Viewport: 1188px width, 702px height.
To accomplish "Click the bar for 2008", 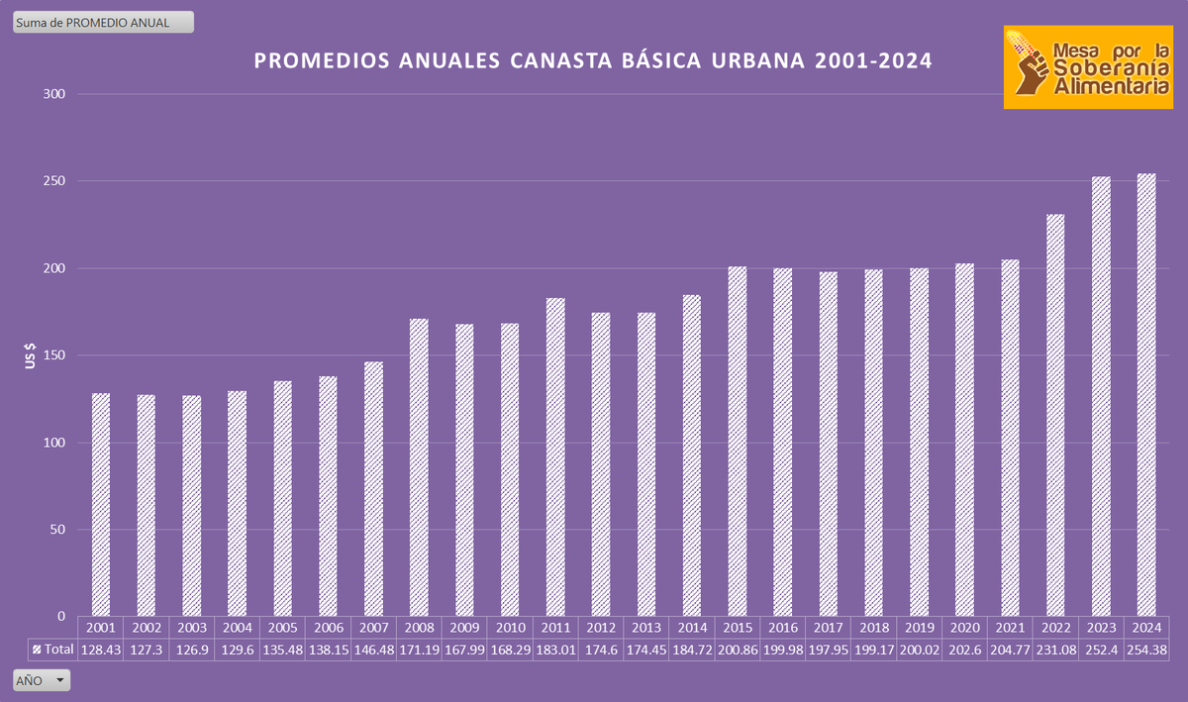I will [419, 466].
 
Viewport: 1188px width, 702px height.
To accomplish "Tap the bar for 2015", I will [738, 441].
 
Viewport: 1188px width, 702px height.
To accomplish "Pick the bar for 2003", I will [191, 505].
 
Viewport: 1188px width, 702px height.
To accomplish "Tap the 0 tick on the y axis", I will [60, 616].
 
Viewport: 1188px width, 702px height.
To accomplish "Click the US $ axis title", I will [31, 355].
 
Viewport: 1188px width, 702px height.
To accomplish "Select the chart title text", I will [593, 61].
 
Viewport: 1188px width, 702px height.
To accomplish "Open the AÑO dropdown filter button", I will [42, 680].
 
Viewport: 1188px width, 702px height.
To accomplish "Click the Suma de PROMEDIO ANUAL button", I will [103, 22].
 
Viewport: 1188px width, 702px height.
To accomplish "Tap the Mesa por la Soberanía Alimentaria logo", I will [1088, 67].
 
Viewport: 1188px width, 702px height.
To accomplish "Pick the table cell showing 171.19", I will [419, 650].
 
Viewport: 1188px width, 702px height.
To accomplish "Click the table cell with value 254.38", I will [1146, 650].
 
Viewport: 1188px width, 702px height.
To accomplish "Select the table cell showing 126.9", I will [191, 650].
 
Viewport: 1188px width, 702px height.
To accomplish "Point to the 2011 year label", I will [555, 628].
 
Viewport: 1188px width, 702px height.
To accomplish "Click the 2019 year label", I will [919, 628].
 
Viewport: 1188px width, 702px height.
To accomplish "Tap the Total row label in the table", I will [52, 650].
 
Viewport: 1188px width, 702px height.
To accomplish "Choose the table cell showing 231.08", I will [1055, 650].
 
